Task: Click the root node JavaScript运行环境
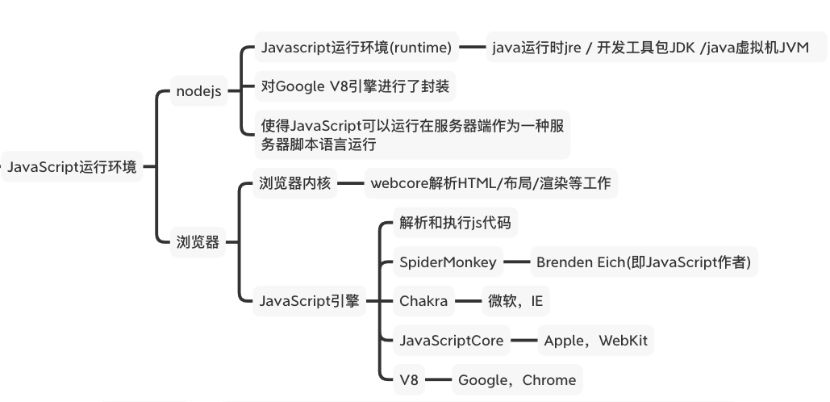tap(72, 168)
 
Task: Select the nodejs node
tap(198, 91)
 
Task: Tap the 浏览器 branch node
tap(198, 242)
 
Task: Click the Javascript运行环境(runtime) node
tap(356, 48)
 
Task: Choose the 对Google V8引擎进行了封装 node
tap(355, 86)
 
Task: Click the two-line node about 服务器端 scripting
tap(411, 135)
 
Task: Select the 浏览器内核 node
tap(295, 183)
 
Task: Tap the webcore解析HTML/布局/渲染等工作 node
tap(490, 183)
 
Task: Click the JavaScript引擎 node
tap(309, 302)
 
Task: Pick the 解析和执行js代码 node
tap(455, 224)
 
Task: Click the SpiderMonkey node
tap(448, 262)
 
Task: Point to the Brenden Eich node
tap(643, 262)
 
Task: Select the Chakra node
tap(423, 302)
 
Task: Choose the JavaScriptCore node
tap(452, 341)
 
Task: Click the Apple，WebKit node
tap(595, 341)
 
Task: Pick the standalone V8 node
tap(409, 379)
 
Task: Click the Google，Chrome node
tap(517, 379)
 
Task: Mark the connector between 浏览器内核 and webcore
tap(351, 183)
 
